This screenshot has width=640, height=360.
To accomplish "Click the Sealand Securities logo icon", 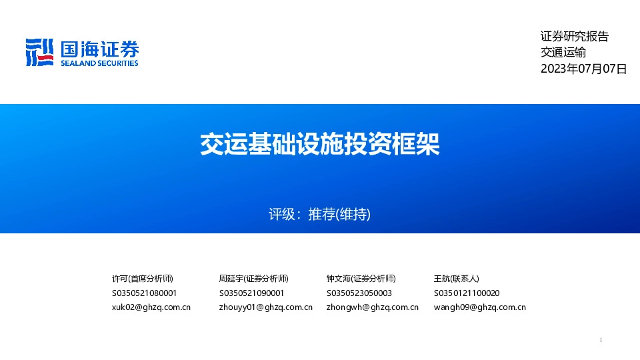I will [39, 52].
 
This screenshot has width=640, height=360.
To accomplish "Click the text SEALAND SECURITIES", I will [99, 63].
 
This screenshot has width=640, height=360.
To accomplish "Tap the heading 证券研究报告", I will [574, 37].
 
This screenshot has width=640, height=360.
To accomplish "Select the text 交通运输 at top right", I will [563, 53].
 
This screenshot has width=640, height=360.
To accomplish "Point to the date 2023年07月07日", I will [583, 69].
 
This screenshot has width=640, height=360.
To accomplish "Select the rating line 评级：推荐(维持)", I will [319, 215].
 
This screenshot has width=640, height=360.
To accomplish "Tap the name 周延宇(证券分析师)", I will [253, 279].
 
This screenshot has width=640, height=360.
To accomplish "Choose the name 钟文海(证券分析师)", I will [361, 279].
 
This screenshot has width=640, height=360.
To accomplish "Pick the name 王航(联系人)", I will [456, 279].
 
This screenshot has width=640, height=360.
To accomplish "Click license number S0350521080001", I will [144, 293].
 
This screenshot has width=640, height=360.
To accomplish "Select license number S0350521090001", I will [251, 293].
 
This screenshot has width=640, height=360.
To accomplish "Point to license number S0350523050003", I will [359, 293].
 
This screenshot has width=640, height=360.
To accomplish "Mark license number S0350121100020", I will [467, 293].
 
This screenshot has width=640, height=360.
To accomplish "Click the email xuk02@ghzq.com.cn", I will [151, 307].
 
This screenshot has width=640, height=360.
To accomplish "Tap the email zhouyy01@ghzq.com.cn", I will [265, 307].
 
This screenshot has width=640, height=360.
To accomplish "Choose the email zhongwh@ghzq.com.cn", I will [373, 307].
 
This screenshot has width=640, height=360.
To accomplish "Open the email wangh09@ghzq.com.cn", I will [479, 307].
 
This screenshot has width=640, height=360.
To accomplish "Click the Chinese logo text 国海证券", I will [99, 49].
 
